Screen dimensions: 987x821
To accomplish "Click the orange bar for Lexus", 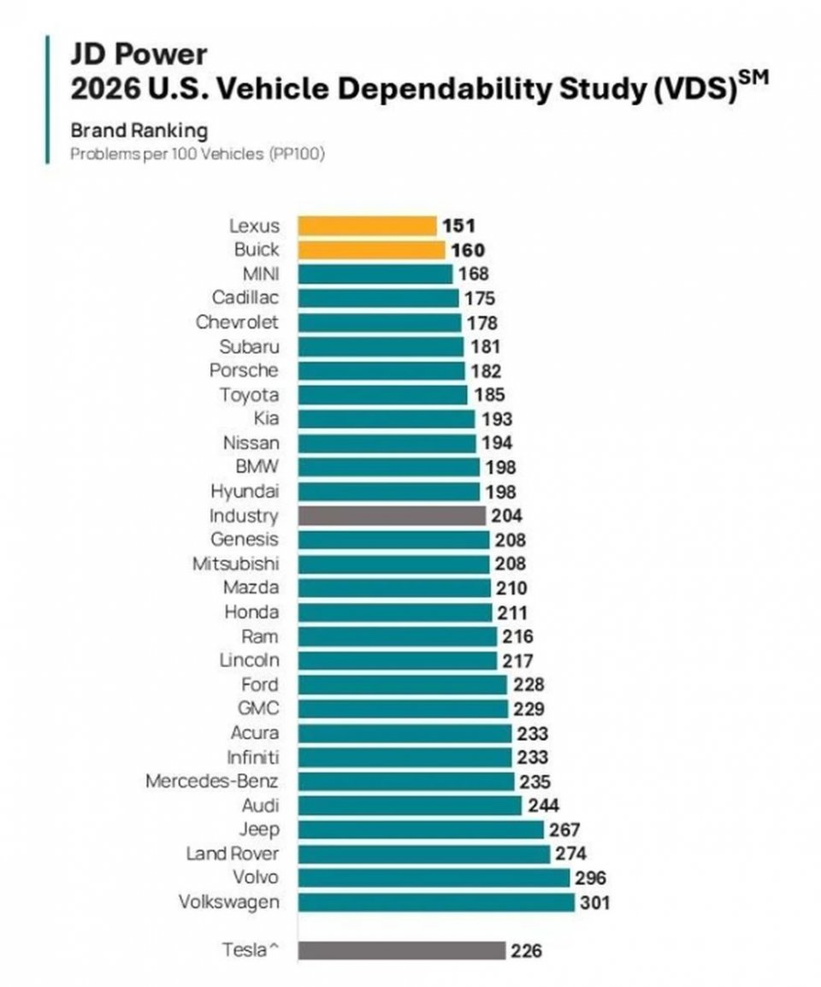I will (x=367, y=226).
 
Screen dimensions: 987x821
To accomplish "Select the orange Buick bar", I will (x=371, y=250).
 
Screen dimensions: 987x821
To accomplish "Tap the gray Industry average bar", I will (x=392, y=516).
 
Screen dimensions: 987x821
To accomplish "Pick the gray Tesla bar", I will (x=402, y=950).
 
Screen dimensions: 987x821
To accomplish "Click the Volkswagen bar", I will (x=436, y=902).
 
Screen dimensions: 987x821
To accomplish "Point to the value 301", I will (x=594, y=902).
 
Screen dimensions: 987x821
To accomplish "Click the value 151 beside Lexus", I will (x=458, y=226).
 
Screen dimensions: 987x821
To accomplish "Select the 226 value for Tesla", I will (x=526, y=950).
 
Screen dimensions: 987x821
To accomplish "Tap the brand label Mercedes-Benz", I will (x=211, y=781).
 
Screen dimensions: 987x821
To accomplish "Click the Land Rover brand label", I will (x=232, y=854).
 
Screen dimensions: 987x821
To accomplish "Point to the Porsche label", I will (x=244, y=370).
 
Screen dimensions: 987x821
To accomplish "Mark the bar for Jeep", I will (x=420, y=830).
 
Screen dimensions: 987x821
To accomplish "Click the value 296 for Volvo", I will (x=589, y=878).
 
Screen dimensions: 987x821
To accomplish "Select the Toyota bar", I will (x=382, y=395).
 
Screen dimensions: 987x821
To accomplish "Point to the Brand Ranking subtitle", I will (x=139, y=131).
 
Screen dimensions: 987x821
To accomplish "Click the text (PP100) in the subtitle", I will (x=298, y=155).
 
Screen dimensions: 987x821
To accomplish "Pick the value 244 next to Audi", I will (x=541, y=806).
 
